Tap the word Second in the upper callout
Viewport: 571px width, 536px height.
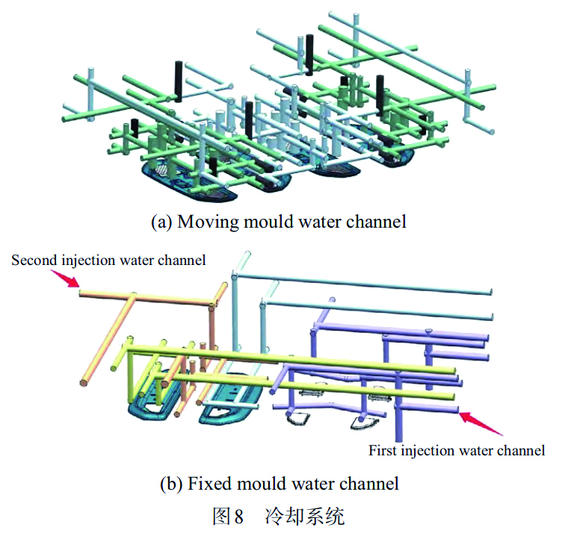pos(32,261)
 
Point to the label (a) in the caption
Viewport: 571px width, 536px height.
pos(161,222)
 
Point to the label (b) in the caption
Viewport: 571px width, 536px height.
pos(170,483)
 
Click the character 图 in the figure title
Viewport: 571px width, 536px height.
pos(223,516)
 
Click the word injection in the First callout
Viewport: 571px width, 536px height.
pos(428,450)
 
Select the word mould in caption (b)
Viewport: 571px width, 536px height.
pos(255,483)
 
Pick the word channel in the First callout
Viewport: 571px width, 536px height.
pos(523,450)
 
